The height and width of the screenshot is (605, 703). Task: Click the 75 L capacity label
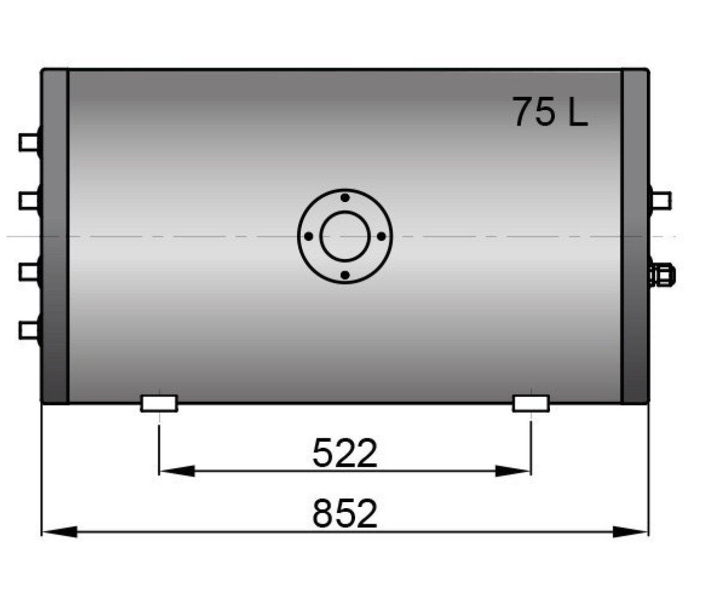[x=550, y=112]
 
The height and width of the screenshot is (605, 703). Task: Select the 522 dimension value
[x=345, y=453]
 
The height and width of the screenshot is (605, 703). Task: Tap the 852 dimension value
[x=345, y=514]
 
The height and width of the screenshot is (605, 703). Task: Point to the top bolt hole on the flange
[x=345, y=198]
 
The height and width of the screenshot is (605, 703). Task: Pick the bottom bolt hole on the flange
[x=345, y=275]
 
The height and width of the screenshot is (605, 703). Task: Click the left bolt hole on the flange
[x=308, y=236]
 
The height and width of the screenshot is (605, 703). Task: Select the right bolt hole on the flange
[x=381, y=236]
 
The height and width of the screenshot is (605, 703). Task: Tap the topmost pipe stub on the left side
[x=30, y=143]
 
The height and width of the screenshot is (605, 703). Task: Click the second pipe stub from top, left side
[x=30, y=200]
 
